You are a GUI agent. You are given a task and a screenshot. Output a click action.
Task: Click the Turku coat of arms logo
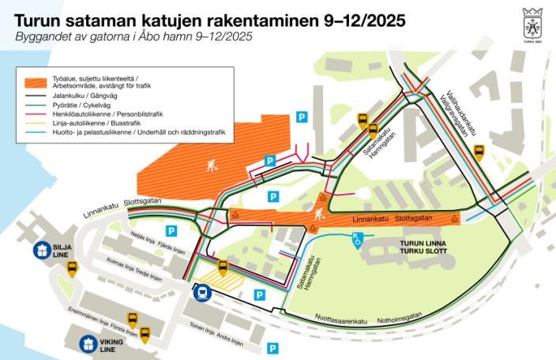532,23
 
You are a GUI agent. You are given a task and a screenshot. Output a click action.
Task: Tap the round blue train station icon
201,293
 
